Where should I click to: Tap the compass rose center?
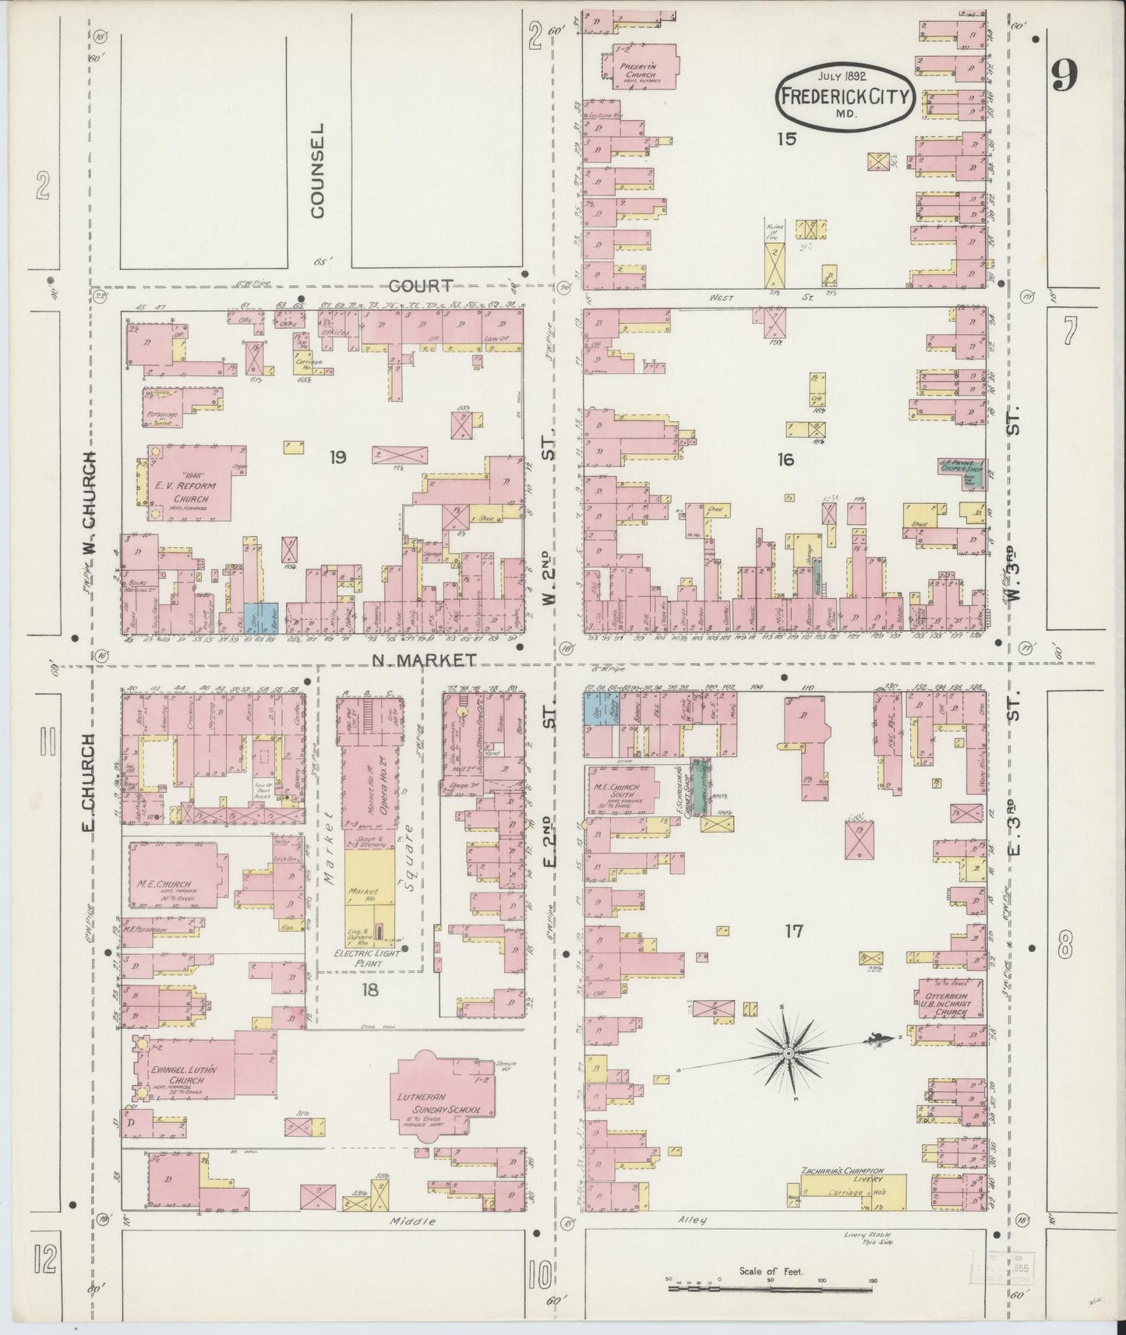(789, 1053)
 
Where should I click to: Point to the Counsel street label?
(318, 169)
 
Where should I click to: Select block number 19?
(337, 457)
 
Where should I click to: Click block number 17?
(793, 930)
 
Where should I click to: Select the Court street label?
(421, 286)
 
